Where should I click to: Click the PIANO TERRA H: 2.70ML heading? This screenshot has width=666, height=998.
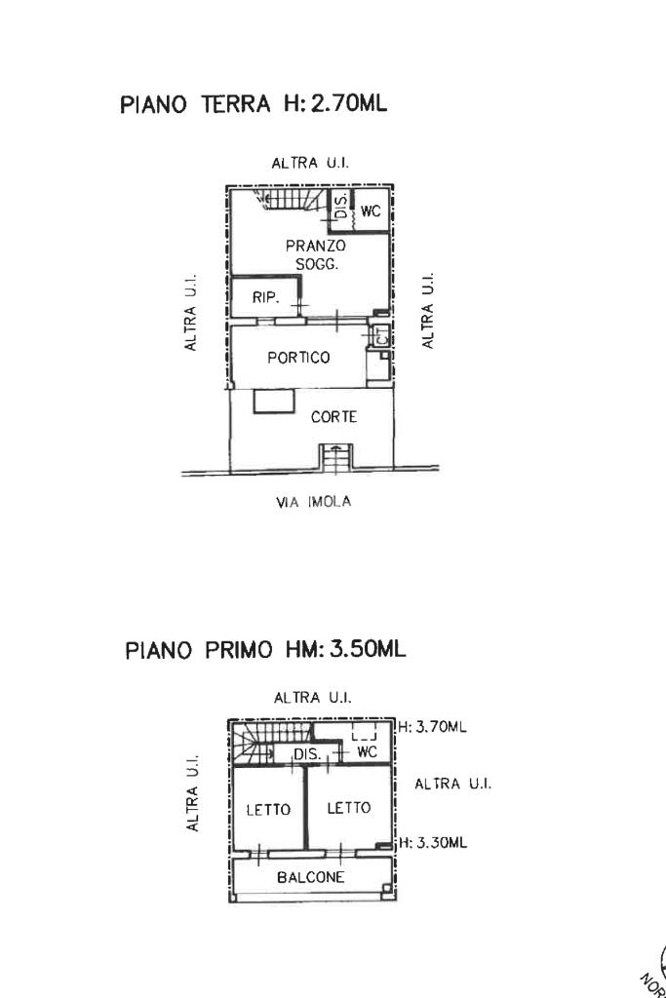point(253,104)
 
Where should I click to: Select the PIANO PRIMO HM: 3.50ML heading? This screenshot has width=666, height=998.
point(265,649)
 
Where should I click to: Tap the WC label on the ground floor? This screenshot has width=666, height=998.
point(371,211)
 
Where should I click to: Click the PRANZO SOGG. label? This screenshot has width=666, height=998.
point(315,255)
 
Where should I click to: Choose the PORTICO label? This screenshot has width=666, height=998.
point(298,357)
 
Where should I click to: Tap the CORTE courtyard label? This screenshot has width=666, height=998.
point(333,417)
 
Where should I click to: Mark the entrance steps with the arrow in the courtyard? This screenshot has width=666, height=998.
point(334,457)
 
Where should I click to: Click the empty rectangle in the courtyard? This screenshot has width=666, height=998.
point(274,401)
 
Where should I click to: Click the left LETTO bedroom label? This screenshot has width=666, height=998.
point(267,809)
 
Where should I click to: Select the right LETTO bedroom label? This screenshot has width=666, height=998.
point(348,808)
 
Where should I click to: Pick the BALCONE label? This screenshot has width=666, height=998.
point(311,877)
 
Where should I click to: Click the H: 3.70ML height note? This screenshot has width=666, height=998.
point(433,726)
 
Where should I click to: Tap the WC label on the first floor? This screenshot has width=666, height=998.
point(367,752)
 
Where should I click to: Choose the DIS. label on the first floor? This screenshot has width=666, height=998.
point(307,754)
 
